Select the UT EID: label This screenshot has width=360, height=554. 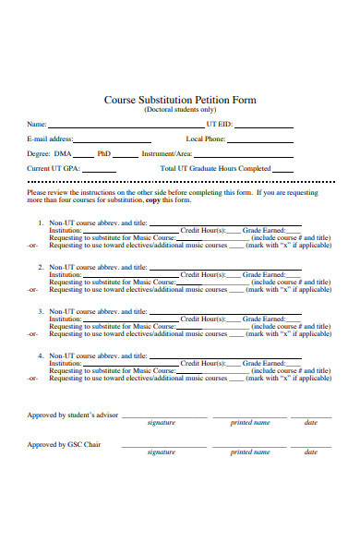coord(220,124)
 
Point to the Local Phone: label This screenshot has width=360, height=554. coord(206,138)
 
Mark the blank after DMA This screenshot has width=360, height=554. coord(82,156)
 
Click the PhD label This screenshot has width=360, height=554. coord(104,153)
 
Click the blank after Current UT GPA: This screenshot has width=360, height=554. coord(99,171)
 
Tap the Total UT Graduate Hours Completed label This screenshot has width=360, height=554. coord(215,168)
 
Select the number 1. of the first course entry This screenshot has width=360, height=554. coord(41,223)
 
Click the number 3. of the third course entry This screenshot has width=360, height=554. coord(41,311)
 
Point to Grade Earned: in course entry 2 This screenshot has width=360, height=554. coord(263,274)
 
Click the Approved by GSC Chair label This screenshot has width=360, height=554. coord(64,444)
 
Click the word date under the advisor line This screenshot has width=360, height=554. coord(310,422)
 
